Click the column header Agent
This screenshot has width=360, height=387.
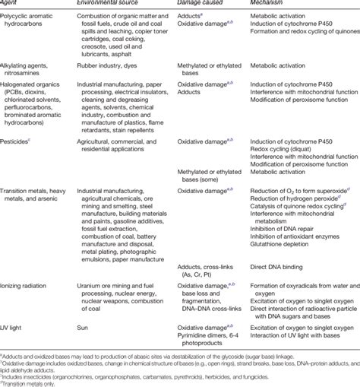(x=11, y=4)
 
